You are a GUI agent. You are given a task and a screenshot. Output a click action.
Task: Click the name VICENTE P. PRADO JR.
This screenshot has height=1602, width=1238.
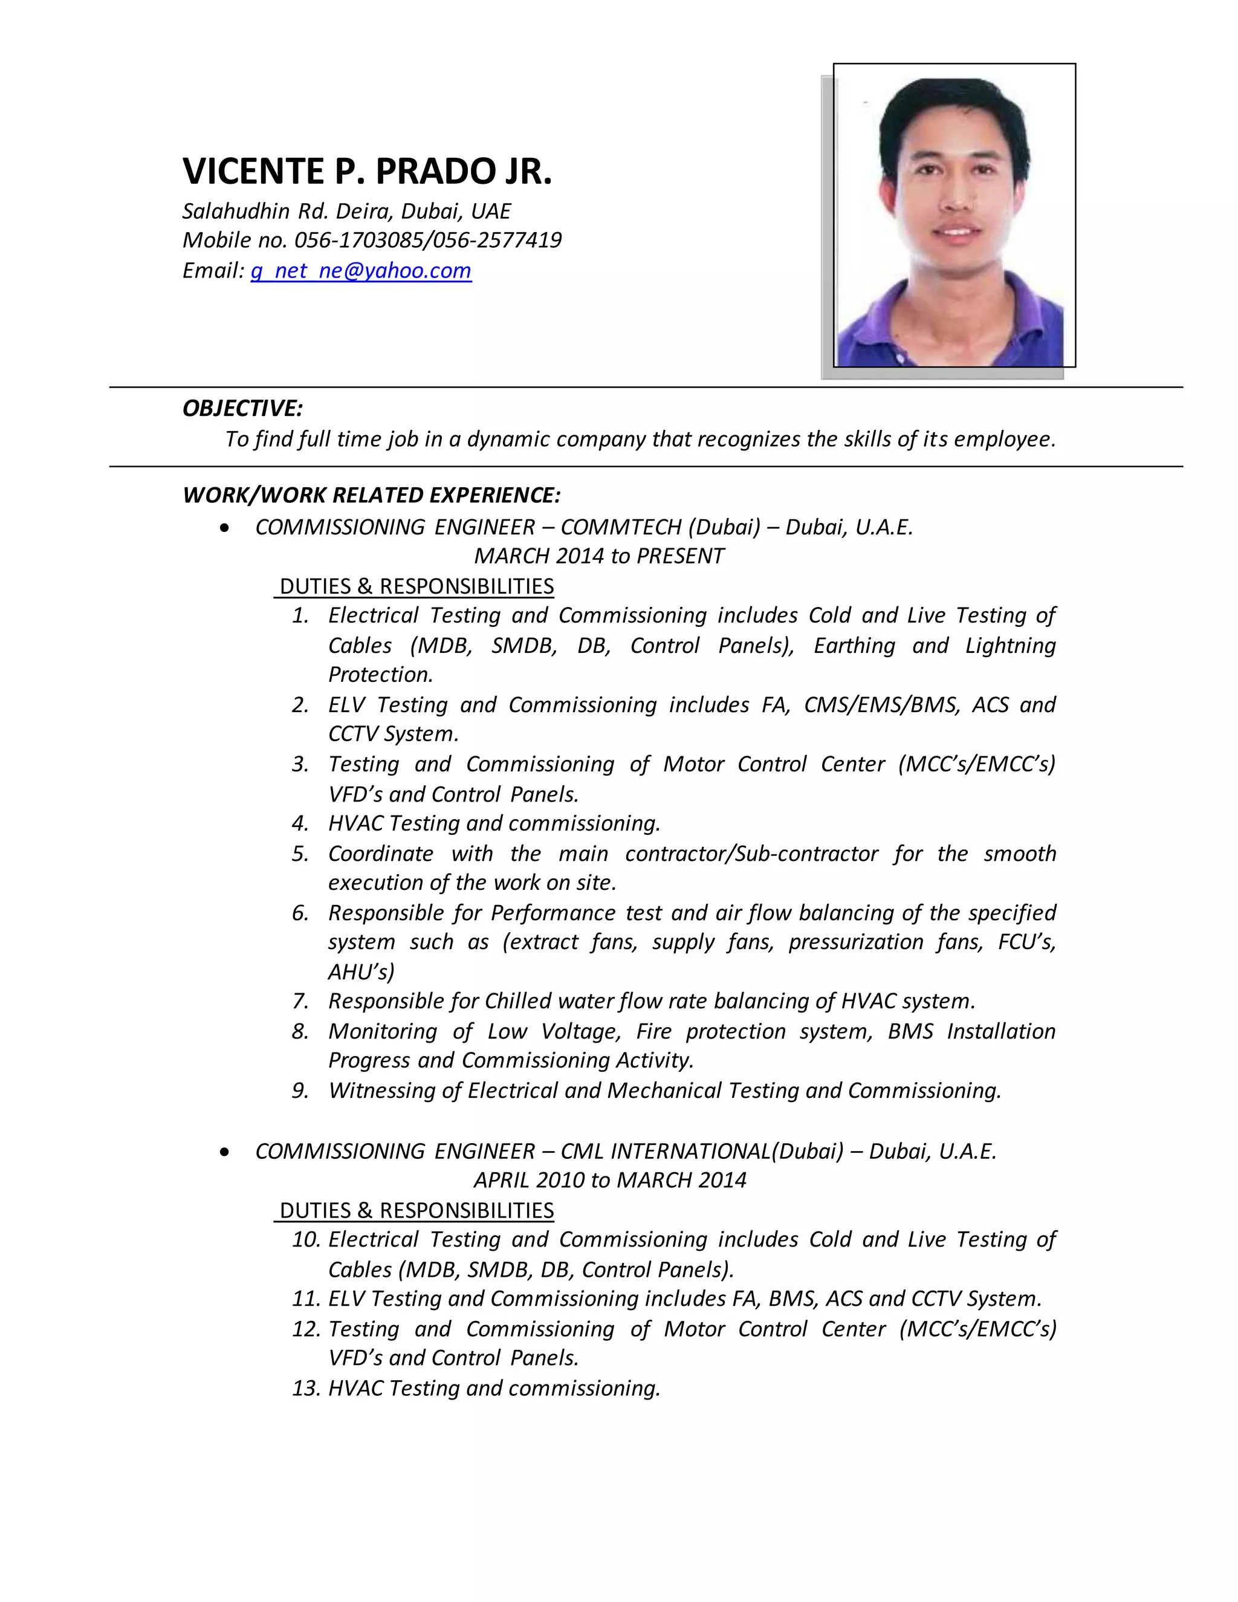point(367,172)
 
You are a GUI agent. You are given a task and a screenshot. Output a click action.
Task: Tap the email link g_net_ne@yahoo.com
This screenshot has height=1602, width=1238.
point(361,271)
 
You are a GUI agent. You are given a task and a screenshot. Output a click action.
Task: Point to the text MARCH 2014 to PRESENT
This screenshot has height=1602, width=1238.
point(598,556)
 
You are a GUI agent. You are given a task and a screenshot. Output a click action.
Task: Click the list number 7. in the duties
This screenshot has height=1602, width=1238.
point(300,1001)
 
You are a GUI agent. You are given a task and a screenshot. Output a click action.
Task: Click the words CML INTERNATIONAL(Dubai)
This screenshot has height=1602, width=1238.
point(702,1151)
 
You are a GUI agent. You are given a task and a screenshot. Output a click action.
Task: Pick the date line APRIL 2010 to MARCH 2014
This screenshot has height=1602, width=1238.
point(609,1180)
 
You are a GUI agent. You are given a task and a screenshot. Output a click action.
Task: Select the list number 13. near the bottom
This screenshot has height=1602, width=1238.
point(306,1389)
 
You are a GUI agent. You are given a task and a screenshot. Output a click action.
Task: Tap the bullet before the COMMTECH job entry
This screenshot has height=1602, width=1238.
point(224,528)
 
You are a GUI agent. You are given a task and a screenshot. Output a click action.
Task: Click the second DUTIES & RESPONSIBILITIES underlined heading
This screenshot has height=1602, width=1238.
point(416,1210)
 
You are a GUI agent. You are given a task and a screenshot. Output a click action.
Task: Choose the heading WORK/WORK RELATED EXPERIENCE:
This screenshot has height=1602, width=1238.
point(371,495)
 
